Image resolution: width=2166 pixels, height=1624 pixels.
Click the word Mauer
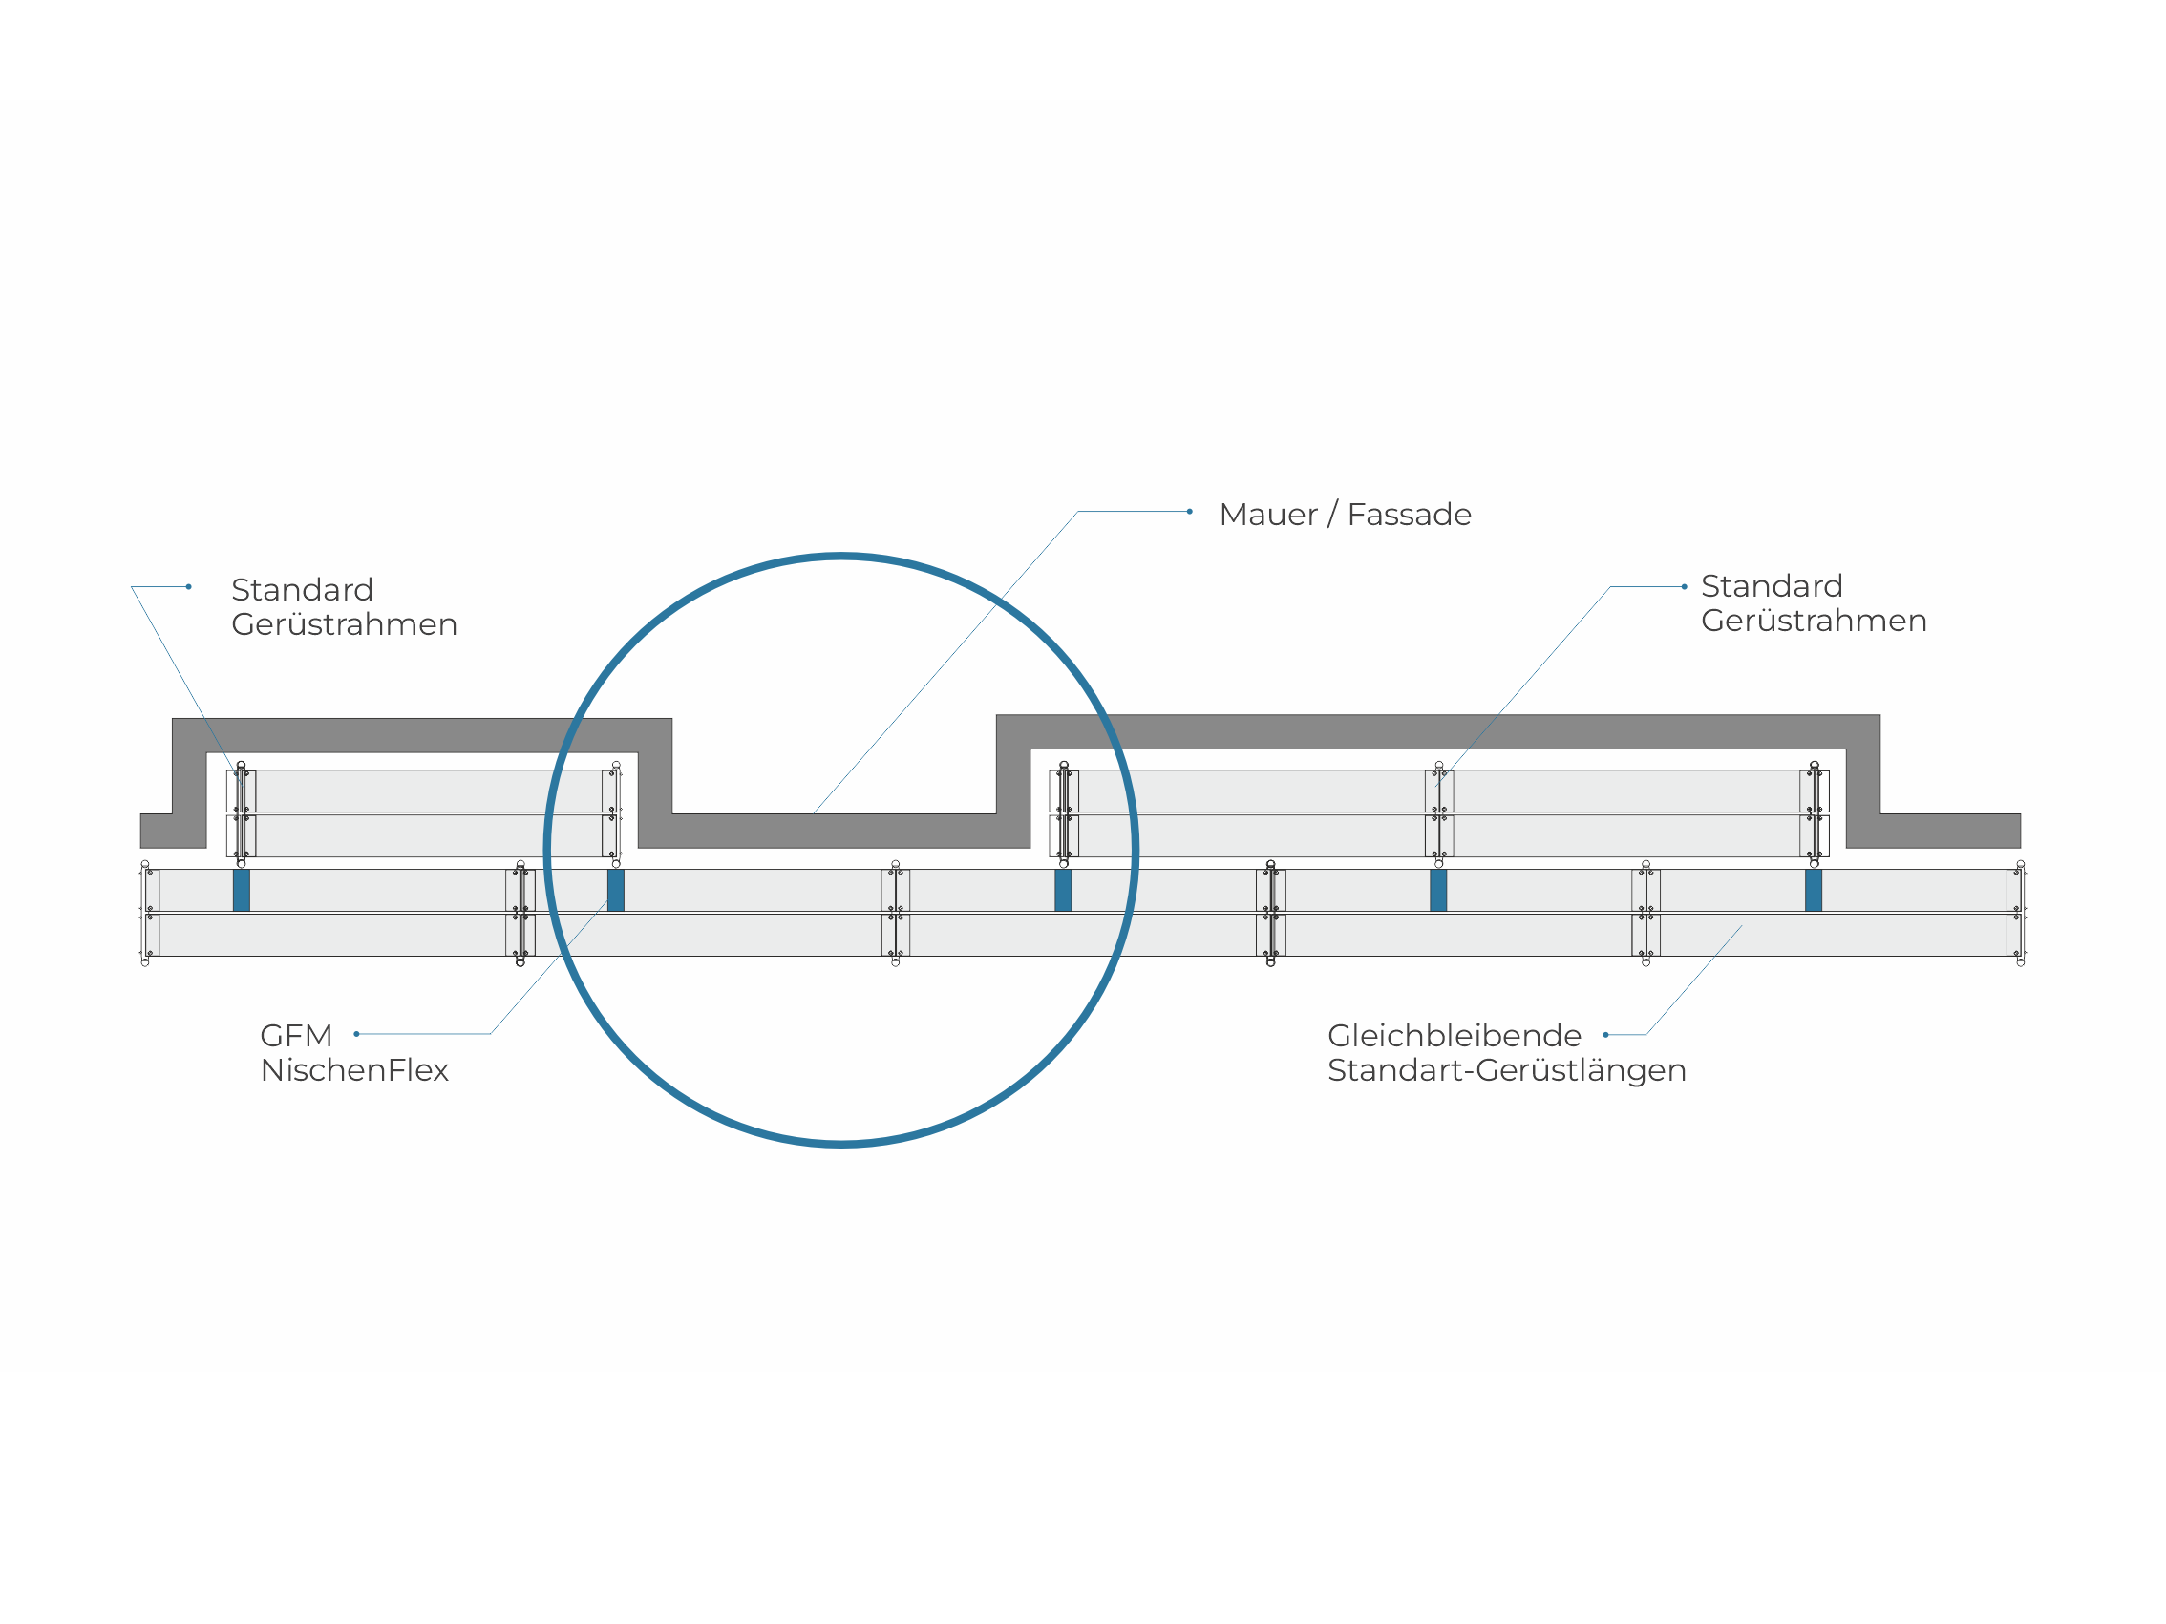click(x=1268, y=515)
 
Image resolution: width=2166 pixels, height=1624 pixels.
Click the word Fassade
click(x=1409, y=515)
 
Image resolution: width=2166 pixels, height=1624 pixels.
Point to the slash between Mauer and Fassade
click(x=1332, y=515)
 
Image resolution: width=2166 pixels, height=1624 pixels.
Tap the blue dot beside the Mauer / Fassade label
click(x=1190, y=512)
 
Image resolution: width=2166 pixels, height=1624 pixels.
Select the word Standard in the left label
click(x=302, y=590)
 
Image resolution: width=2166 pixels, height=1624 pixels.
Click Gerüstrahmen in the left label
click(x=344, y=624)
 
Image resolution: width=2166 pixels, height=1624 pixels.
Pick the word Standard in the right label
click(x=1772, y=586)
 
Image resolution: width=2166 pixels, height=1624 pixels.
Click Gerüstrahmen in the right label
click(x=1814, y=621)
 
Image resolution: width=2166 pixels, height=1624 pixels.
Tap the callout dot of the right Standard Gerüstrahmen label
click(x=1685, y=587)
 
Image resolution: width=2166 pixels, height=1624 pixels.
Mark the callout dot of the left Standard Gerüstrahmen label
click(x=189, y=587)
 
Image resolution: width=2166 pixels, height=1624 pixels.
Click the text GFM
click(x=296, y=1036)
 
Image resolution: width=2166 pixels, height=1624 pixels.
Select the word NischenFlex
click(x=354, y=1070)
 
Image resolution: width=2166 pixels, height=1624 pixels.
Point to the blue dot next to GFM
click(x=356, y=1034)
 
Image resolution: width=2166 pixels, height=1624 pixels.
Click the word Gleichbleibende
click(x=1455, y=1036)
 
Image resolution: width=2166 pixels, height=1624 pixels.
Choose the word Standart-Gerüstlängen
click(x=1506, y=1070)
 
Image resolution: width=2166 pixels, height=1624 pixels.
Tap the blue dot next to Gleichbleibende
click(x=1606, y=1035)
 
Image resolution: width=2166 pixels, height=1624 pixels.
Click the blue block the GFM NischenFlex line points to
click(x=616, y=890)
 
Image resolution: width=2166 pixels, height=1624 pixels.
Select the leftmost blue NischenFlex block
click(x=242, y=890)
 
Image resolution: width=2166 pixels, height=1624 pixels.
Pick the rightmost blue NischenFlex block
click(x=1814, y=890)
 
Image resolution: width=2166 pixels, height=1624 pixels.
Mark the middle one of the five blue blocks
click(x=1063, y=890)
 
